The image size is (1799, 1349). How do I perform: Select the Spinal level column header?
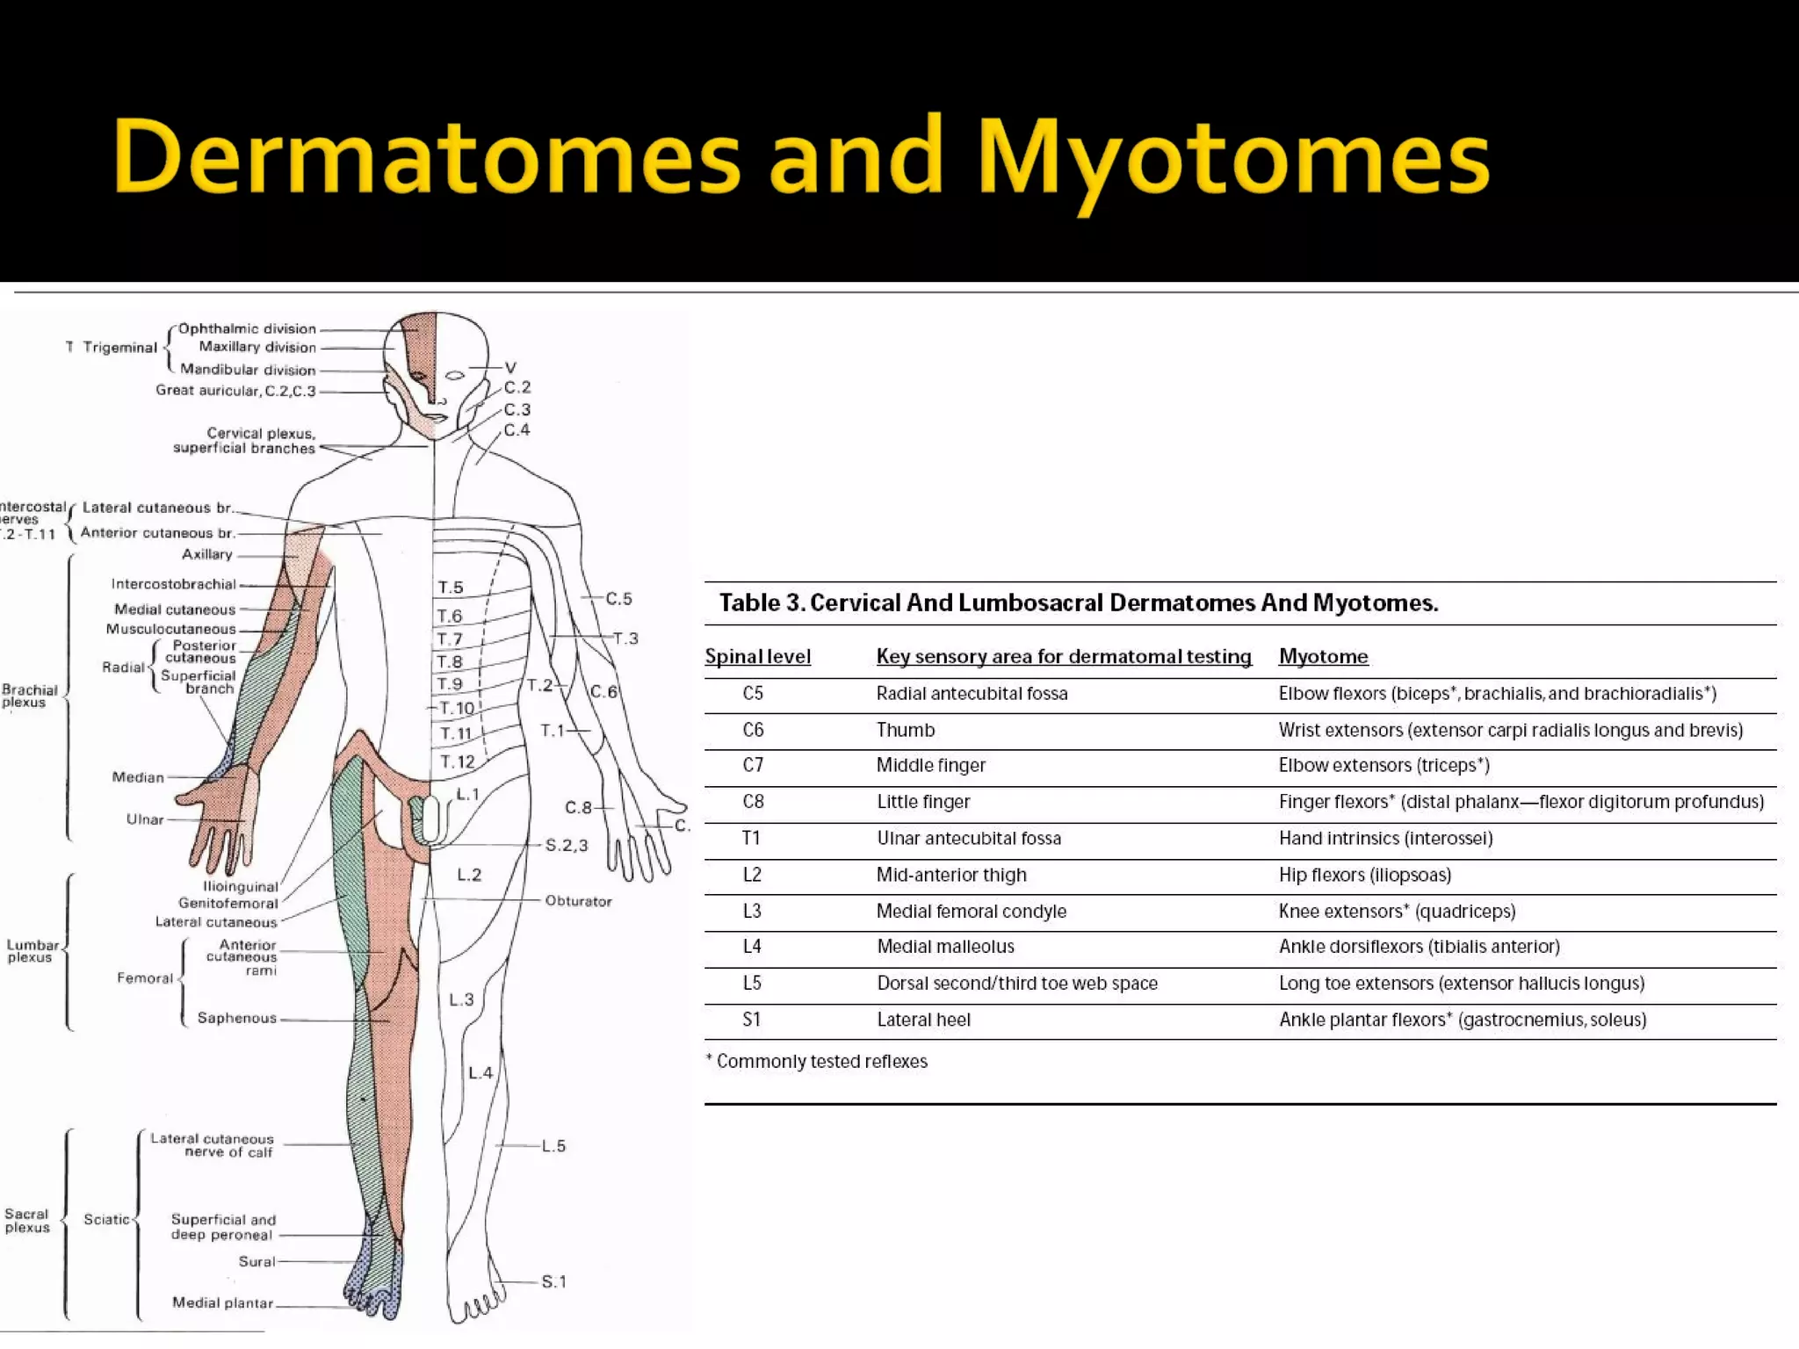pyautogui.click(x=757, y=656)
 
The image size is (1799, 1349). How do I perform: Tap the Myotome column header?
pyautogui.click(x=1323, y=656)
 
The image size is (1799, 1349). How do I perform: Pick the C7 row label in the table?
pyautogui.click(x=753, y=765)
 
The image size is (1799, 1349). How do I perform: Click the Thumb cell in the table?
pyautogui.click(x=905, y=730)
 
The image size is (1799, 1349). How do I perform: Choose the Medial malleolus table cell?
pyautogui.click(x=945, y=947)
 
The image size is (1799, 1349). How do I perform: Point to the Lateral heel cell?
pyautogui.click(x=923, y=1020)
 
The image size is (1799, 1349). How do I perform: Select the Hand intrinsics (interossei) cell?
pyautogui.click(x=1385, y=838)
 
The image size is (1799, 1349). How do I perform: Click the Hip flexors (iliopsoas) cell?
pyautogui.click(x=1365, y=875)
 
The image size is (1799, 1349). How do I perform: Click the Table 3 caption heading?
pyautogui.click(x=1078, y=603)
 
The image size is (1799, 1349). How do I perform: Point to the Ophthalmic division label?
pyautogui.click(x=247, y=328)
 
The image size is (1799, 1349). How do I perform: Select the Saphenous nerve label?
pyautogui.click(x=236, y=1018)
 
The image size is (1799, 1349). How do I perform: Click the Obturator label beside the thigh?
pyautogui.click(x=578, y=901)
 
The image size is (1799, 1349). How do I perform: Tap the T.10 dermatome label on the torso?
pyautogui.click(x=457, y=708)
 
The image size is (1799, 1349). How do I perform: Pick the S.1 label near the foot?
pyautogui.click(x=553, y=1281)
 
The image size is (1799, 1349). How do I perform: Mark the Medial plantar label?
pyautogui.click(x=222, y=1302)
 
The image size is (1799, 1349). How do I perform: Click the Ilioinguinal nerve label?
pyautogui.click(x=240, y=887)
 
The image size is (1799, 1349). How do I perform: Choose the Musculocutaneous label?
pyautogui.click(x=171, y=629)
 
